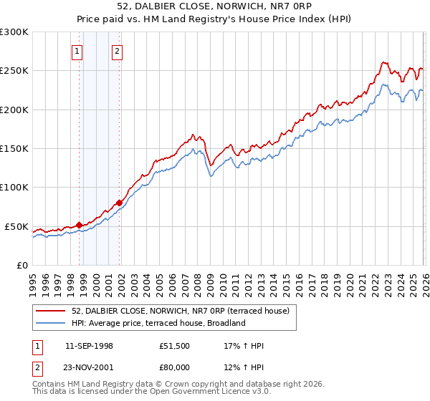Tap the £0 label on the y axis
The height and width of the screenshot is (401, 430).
(21, 265)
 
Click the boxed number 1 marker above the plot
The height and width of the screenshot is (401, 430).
(77, 51)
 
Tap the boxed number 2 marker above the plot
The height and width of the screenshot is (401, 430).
(116, 51)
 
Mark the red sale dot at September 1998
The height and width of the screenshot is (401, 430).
(79, 225)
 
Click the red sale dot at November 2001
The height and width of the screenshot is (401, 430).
(119, 203)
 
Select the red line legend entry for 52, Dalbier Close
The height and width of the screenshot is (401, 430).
(179, 311)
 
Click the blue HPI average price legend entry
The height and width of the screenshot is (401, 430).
(158, 323)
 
